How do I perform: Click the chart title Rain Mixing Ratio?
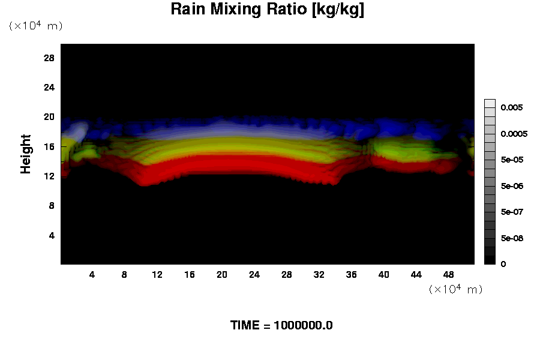click(267, 10)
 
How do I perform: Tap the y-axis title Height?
click(26, 161)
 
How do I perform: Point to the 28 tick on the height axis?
click(49, 58)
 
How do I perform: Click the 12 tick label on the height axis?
click(49, 176)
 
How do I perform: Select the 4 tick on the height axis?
click(52, 235)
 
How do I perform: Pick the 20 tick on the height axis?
click(49, 117)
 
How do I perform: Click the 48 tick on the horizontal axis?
click(448, 275)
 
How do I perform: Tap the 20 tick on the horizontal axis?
click(222, 275)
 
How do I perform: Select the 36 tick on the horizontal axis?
click(351, 275)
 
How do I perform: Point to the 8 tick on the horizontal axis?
click(124, 275)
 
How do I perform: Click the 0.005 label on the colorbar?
click(512, 107)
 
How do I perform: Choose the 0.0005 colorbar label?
click(514, 134)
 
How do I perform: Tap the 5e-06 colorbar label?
click(512, 186)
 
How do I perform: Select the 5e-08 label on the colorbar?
click(512, 238)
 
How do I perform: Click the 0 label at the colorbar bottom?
click(503, 264)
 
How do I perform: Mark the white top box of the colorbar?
click(490, 103)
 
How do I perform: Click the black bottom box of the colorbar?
click(490, 260)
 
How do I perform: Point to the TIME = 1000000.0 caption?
click(281, 326)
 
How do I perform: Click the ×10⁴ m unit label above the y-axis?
click(35, 26)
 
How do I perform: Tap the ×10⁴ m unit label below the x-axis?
click(455, 289)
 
